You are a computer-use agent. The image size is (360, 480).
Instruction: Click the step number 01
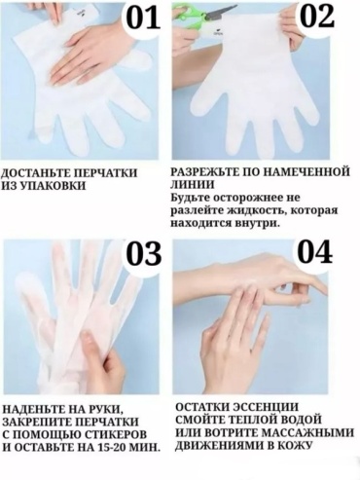pyautogui.click(x=143, y=18)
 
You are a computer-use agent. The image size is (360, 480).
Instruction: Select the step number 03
pyautogui.click(x=143, y=254)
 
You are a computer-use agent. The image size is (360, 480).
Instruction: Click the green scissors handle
pyautogui.click(x=188, y=16)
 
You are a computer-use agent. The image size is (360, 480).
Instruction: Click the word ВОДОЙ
pyautogui.click(x=300, y=420)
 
